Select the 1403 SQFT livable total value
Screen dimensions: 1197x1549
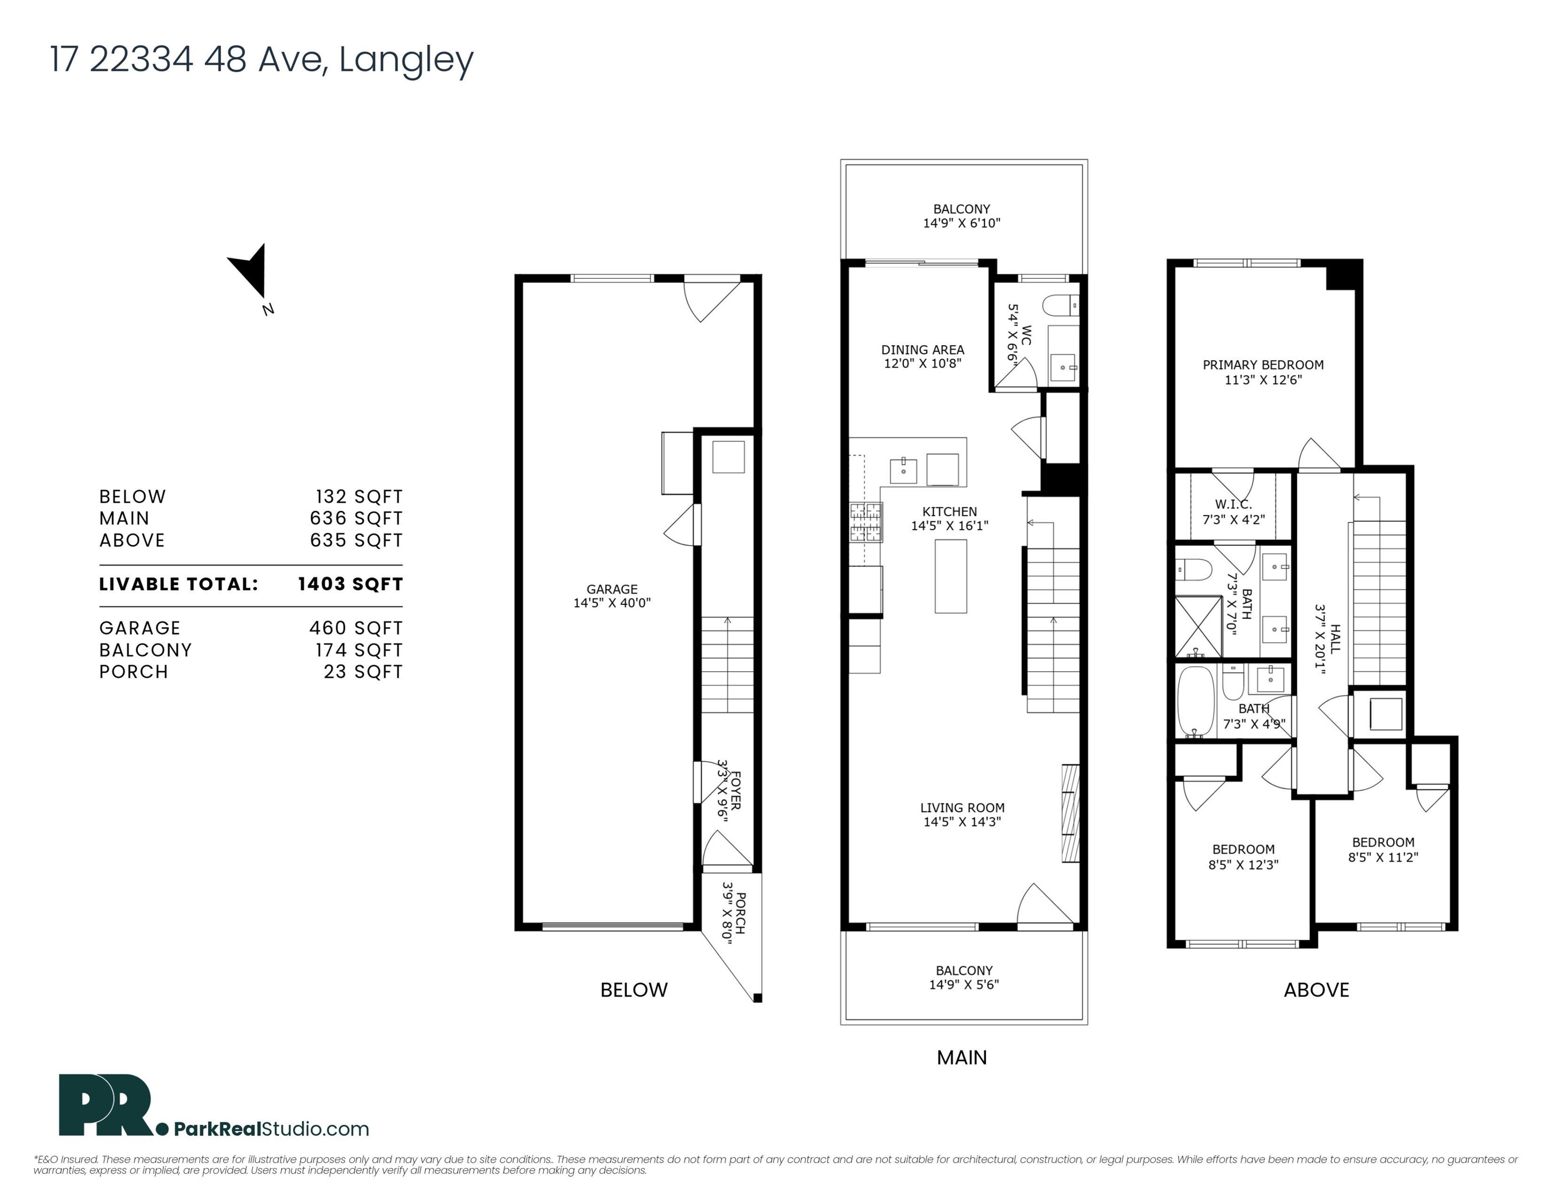tap(351, 584)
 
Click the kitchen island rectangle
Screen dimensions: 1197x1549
tap(950, 576)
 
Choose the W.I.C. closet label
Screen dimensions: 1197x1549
tap(1234, 504)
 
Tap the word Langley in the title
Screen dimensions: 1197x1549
tap(406, 60)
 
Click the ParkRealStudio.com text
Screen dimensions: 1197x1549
tap(271, 1129)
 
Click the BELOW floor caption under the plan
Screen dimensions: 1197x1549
tap(633, 990)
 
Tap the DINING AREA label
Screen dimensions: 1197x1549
tap(922, 350)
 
